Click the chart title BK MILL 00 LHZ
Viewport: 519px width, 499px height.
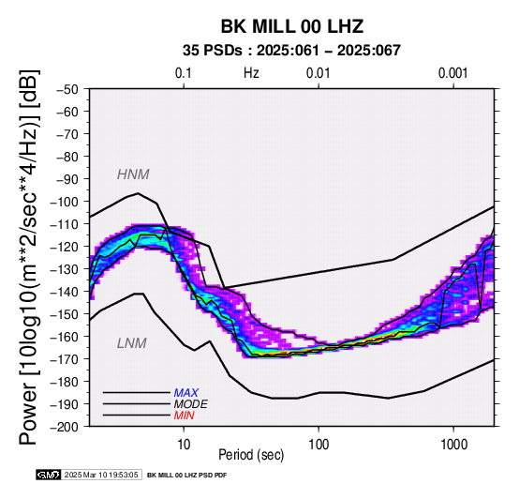click(292, 26)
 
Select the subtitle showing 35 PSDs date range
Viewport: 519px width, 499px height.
click(291, 51)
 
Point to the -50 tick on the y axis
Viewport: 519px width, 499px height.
click(67, 89)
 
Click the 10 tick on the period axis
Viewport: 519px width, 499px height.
click(184, 445)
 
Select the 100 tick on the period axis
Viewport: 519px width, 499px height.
click(319, 445)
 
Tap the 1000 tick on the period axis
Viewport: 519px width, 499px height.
click(453, 445)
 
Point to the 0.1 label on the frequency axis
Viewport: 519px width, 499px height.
click(184, 73)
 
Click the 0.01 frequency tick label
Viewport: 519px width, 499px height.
click(319, 73)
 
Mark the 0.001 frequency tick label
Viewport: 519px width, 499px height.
click(453, 73)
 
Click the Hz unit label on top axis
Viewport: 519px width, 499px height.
click(251, 73)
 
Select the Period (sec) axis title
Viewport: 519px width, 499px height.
click(251, 455)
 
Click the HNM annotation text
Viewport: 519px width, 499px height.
click(133, 174)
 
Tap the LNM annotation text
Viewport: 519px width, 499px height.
click(132, 343)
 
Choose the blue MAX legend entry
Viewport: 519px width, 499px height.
click(186, 393)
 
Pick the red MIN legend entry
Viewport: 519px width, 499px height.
click(184, 416)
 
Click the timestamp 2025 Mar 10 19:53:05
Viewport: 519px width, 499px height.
click(101, 476)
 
